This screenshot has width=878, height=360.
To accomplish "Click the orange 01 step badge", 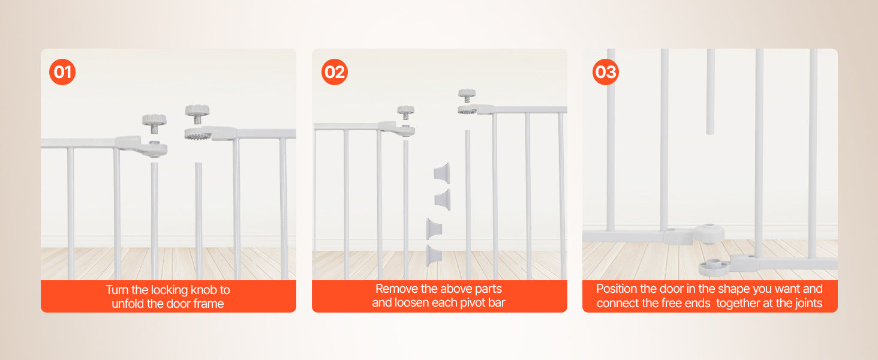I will pos(62,73).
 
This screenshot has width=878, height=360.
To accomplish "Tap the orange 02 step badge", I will pos(334,73).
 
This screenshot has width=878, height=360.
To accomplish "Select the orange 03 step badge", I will pos(605,73).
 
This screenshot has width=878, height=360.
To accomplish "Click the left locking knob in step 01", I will pos(154,122).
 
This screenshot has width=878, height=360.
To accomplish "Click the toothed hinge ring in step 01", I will pos(197,135).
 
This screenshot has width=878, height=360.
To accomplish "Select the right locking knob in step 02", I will pos(467,95).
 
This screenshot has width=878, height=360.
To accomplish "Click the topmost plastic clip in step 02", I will pos(442,170).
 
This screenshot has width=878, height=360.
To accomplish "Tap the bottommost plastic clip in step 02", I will pos(434,255).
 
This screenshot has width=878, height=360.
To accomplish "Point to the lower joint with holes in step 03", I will pos(714,265).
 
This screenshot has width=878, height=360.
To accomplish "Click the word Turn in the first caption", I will pos(118,290).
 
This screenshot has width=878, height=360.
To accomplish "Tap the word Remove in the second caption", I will pos(395,289).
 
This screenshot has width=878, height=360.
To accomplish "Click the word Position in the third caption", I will pos(618,289).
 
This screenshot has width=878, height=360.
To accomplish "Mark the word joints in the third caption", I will pos(805,304).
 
